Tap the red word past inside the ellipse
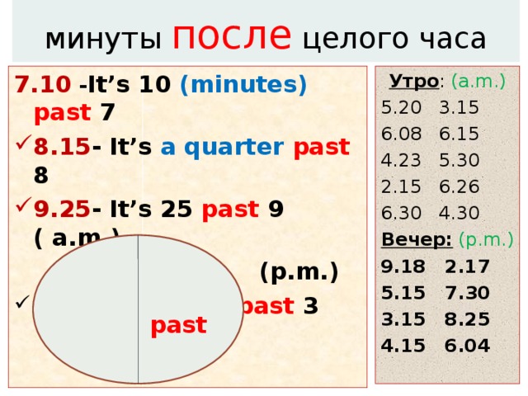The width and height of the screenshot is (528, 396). point(178,325)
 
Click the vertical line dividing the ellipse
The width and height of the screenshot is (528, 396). point(138,309)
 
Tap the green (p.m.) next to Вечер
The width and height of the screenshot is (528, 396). point(487,240)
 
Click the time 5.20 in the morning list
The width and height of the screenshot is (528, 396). point(400,108)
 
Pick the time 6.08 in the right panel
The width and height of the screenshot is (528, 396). point(400,134)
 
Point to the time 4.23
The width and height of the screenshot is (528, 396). point(400,161)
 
